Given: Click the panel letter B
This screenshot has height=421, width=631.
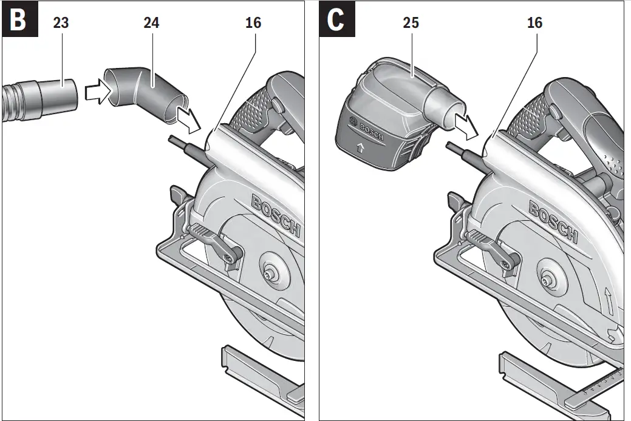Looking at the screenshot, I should pos(18,21).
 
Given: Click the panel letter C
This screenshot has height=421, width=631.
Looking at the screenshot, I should pos(335,21).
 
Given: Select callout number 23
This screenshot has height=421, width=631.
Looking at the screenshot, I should pos(61,24).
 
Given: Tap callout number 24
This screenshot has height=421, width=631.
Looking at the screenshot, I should pos(152,24).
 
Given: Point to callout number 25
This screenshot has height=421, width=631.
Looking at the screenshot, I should pos(411,24).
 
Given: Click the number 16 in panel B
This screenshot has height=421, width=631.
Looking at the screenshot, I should pos(253,24).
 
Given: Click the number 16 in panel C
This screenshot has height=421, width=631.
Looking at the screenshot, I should pos(534,24).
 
